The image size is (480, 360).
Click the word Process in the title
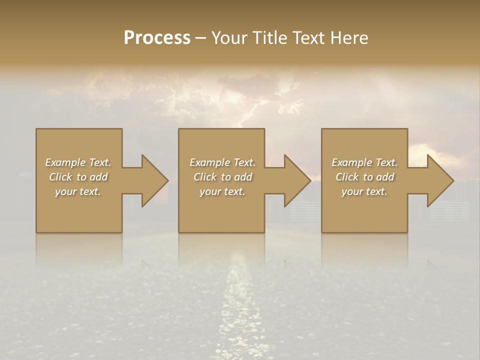click(x=157, y=38)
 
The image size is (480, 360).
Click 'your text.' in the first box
click(x=78, y=191)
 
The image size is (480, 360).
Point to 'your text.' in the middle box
click(x=222, y=191)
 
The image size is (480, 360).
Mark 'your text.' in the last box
click(x=364, y=191)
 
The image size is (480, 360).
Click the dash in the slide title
click(x=201, y=38)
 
